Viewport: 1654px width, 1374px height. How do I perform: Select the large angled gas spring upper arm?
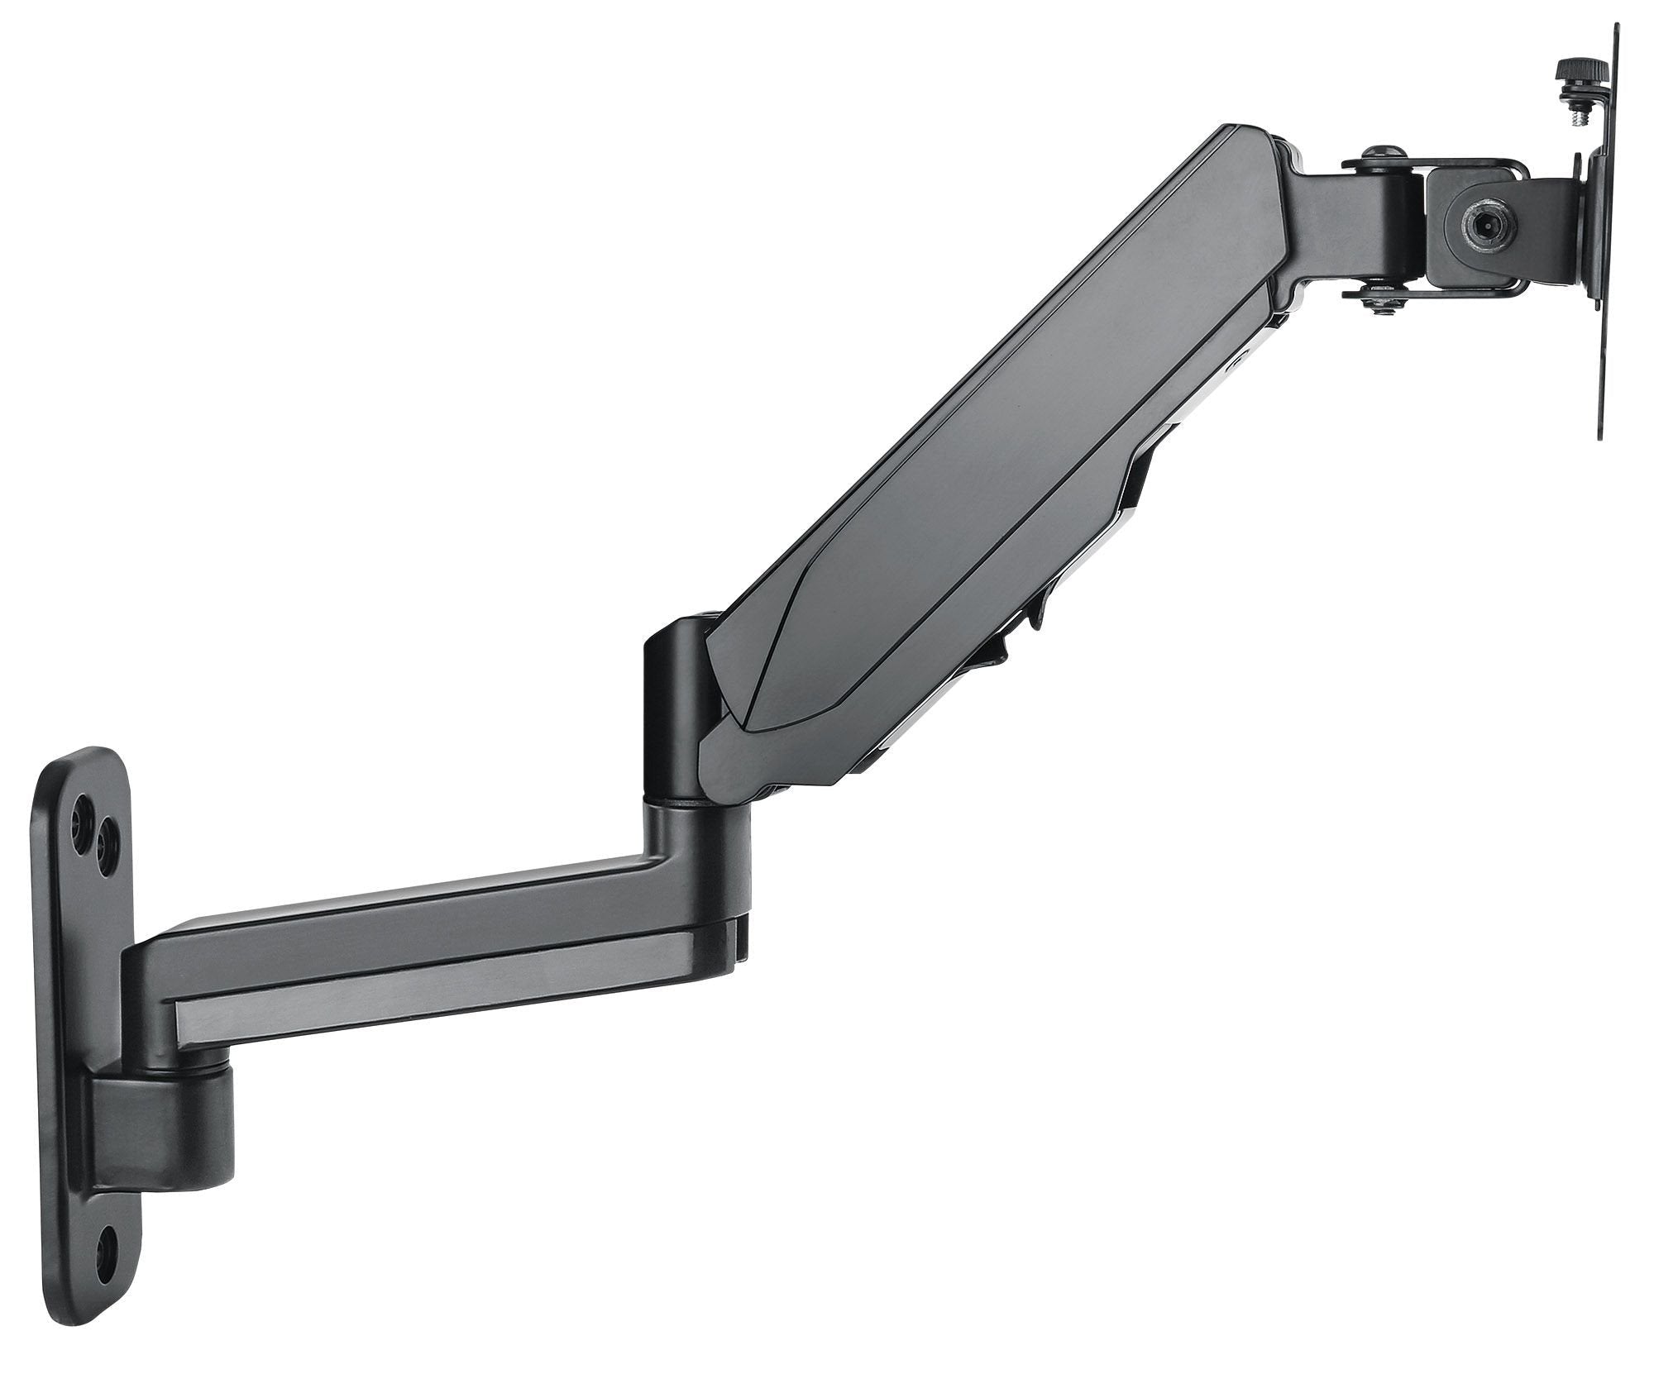coord(992,430)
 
